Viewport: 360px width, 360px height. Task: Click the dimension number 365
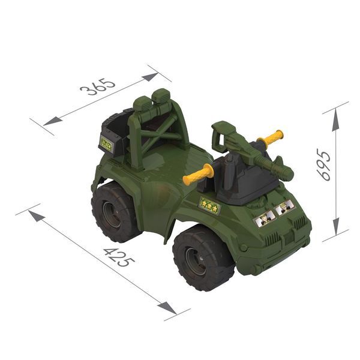(98, 87)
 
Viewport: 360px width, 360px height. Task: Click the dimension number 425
(119, 257)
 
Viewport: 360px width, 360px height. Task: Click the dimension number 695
(324, 164)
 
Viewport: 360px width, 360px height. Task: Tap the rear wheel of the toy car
(115, 212)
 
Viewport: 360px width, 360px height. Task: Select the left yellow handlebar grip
(198, 175)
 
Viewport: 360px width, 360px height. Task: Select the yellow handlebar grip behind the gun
(270, 137)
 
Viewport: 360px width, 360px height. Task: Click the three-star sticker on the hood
(209, 205)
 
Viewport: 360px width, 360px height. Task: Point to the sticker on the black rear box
(107, 144)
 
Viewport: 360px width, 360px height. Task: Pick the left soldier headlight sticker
(265, 219)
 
